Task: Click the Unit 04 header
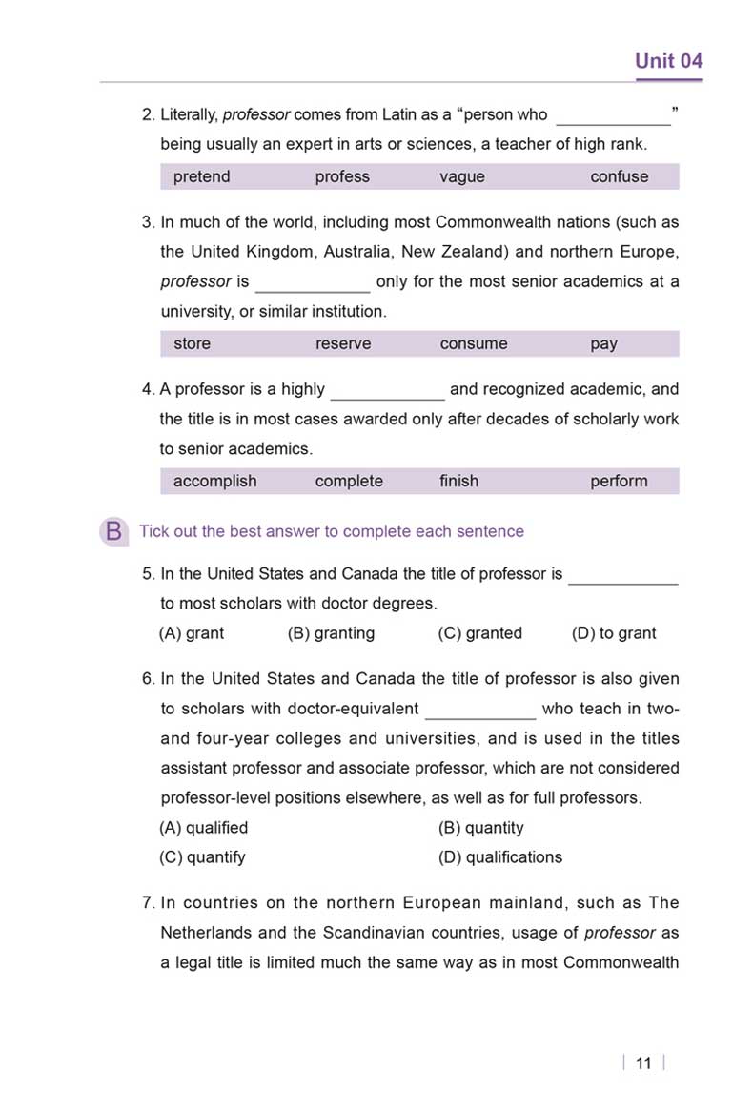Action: [668, 61]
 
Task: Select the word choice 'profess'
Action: [342, 176]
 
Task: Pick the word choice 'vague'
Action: [462, 176]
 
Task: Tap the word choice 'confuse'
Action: [619, 176]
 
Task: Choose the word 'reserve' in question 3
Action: [343, 343]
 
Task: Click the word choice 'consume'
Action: [474, 343]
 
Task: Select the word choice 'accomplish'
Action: [214, 481]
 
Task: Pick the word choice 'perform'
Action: [619, 481]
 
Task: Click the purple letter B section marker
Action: [113, 531]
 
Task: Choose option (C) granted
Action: [479, 632]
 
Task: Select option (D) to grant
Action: [614, 632]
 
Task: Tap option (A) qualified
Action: [203, 827]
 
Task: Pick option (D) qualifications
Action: [499, 856]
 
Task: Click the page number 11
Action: [642, 1063]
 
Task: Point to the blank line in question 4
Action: [387, 397]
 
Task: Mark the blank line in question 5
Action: [622, 582]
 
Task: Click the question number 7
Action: [148, 902]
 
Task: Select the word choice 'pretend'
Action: [201, 176]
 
